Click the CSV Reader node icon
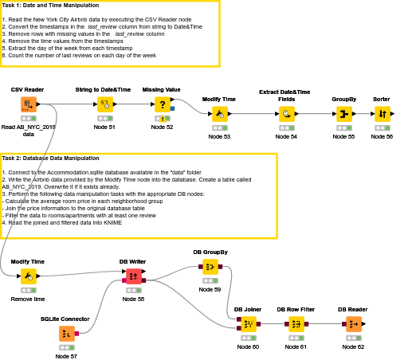point(28,104)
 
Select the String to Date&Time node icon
point(104,104)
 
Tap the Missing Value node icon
point(162,104)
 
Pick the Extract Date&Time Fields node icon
point(286,115)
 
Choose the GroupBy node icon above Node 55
point(343,115)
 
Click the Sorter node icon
point(382,115)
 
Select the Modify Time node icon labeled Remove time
point(28,276)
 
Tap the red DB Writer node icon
point(133,276)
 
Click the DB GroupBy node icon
point(210,267)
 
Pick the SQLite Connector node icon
point(66,334)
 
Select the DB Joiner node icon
point(248,324)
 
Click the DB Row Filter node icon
point(296,324)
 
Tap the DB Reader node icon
point(353,324)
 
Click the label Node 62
point(353,346)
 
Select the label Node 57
point(66,356)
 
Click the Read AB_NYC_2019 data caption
point(28,131)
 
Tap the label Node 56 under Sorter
point(382,137)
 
